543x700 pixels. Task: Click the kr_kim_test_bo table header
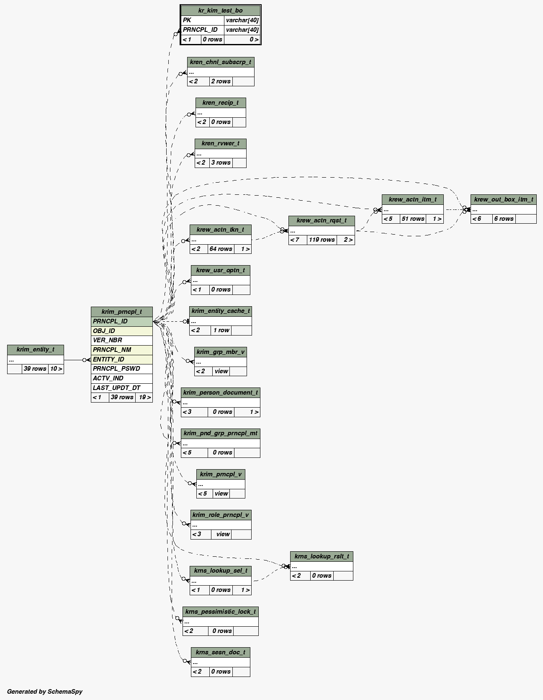(220, 10)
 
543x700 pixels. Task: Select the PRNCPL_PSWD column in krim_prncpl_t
(121, 369)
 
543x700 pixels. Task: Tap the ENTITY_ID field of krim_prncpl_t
(121, 359)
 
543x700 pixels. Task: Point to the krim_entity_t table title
(36, 349)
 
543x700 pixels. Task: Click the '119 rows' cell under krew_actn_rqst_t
(322, 240)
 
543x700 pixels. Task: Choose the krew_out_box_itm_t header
(503, 199)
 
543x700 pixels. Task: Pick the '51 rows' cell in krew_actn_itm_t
(413, 219)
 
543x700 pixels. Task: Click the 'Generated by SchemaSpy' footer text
(44, 691)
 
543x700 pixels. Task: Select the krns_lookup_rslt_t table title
(322, 556)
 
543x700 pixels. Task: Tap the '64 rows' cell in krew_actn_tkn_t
(221, 249)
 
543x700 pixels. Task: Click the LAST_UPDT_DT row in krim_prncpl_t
(121, 388)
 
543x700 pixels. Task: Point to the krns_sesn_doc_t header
(220, 652)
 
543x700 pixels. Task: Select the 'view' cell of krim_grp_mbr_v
(221, 371)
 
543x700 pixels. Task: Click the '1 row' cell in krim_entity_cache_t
(221, 330)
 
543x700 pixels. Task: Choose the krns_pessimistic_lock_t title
(220, 612)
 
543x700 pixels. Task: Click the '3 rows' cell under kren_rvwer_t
(221, 163)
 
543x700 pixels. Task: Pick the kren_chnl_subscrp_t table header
(221, 62)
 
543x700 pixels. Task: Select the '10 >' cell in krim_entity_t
(56, 369)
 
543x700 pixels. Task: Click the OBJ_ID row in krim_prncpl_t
(121, 331)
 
